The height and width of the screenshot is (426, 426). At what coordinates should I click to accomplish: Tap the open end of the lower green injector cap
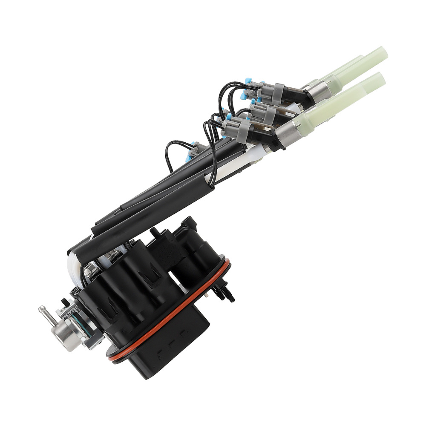(380, 78)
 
